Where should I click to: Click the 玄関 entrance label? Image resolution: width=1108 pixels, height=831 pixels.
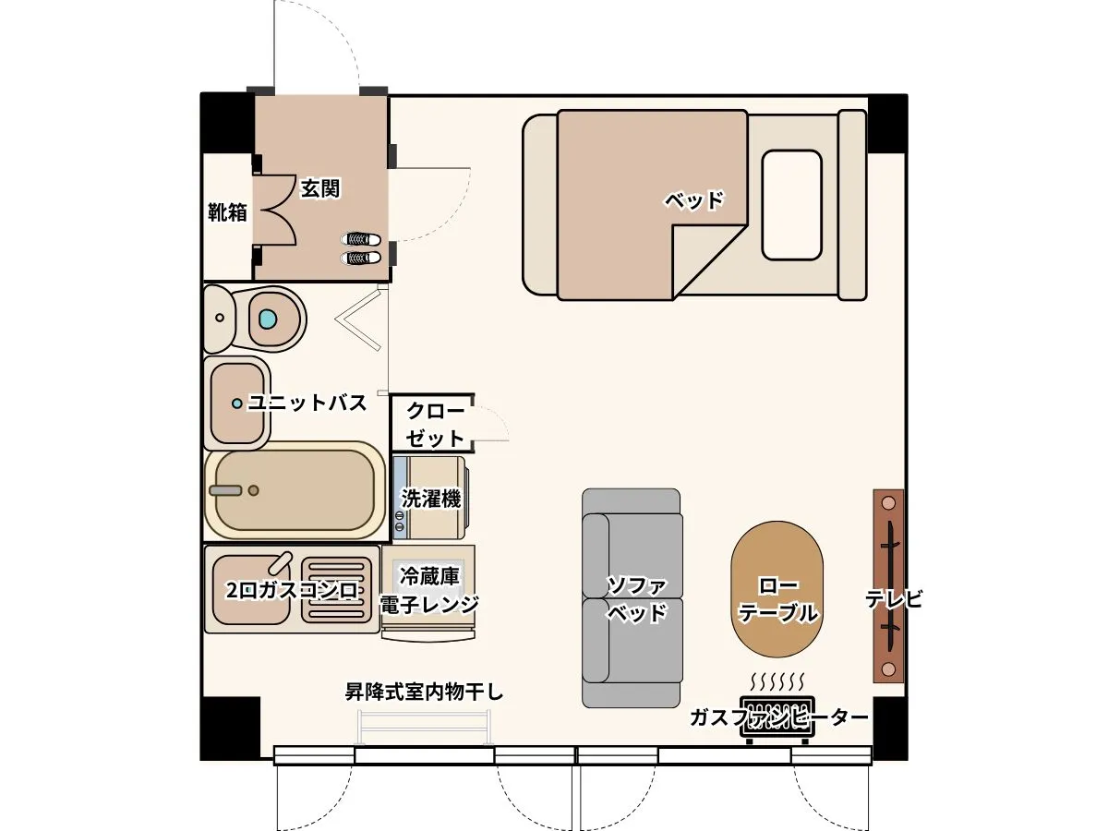pyautogui.click(x=320, y=188)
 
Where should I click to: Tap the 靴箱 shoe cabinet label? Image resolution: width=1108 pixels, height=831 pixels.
pyautogui.click(x=228, y=212)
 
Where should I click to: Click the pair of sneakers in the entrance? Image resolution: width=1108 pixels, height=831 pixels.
pyautogui.click(x=360, y=248)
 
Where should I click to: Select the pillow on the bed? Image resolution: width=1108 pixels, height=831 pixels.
pyautogui.click(x=791, y=205)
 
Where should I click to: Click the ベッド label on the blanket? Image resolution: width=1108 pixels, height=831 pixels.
pyautogui.click(x=694, y=200)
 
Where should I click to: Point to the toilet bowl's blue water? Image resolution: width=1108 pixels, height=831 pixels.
pyautogui.click(x=268, y=319)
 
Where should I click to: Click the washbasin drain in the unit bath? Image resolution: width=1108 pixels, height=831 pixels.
pyautogui.click(x=236, y=403)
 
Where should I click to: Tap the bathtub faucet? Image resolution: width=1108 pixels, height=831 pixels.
pyautogui.click(x=225, y=490)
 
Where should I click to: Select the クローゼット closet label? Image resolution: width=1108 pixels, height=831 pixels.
pyautogui.click(x=435, y=425)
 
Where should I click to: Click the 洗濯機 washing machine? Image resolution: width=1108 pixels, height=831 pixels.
pyautogui.click(x=430, y=498)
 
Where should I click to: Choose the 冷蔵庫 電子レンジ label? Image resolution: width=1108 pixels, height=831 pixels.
pyautogui.click(x=429, y=590)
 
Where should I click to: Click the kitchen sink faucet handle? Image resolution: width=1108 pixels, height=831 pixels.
pyautogui.click(x=280, y=563)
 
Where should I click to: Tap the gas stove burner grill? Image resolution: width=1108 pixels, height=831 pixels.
pyautogui.click(x=336, y=590)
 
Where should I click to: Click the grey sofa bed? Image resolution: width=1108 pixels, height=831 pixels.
pyautogui.click(x=632, y=597)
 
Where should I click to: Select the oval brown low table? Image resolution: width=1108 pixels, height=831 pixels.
pyautogui.click(x=777, y=589)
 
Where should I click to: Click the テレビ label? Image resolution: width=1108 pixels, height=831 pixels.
pyautogui.click(x=894, y=599)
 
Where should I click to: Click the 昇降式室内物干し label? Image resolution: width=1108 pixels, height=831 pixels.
pyautogui.click(x=425, y=692)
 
